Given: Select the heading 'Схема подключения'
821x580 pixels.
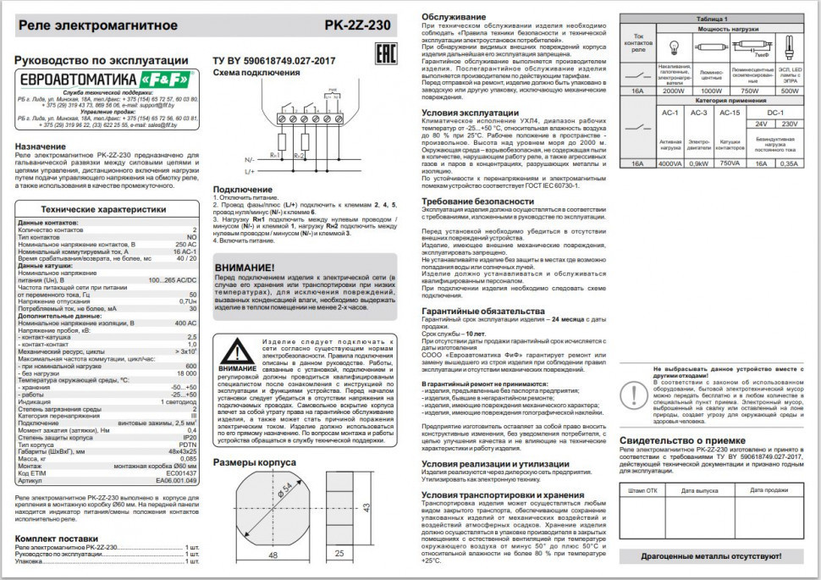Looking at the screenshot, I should click(251, 73).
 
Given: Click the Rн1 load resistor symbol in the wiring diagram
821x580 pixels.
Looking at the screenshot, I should click(281, 142).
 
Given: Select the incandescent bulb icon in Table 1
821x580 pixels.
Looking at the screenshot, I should click(675, 48).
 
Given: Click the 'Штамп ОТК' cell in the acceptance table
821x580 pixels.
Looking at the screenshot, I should click(642, 489).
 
